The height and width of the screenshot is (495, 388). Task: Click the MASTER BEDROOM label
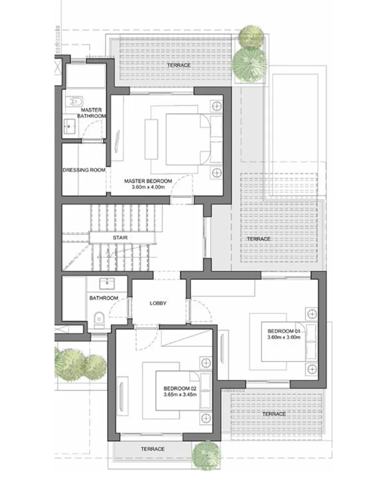148,181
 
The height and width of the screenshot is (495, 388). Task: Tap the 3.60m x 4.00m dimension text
148,188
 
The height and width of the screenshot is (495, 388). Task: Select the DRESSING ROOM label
84,170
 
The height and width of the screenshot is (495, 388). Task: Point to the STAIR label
121,238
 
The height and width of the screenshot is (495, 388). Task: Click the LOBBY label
158,303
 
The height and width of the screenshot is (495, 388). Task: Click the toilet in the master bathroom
76,101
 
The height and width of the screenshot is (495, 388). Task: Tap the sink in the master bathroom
70,126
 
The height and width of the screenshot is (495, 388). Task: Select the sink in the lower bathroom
108,285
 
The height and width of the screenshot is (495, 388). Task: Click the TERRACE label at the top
178,65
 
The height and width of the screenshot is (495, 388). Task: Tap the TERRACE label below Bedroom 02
152,449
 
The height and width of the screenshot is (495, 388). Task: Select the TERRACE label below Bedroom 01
274,414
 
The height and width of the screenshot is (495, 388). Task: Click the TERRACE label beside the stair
259,239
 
